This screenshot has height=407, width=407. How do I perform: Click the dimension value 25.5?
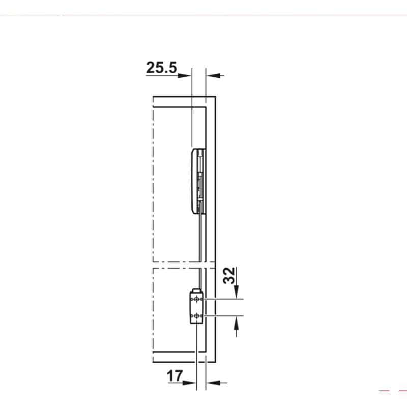pos(161,68)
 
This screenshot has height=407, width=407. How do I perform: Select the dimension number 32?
pos(229,275)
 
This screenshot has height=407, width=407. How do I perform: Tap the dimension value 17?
pos(175,375)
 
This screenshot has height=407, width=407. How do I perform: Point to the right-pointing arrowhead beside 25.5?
pos(185,76)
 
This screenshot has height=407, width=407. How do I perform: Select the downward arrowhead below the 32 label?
pos(236,292)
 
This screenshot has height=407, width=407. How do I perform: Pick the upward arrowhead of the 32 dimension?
pos(236,323)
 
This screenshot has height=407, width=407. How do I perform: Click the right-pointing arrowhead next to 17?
pos(189,383)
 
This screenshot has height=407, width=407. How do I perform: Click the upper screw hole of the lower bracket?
pos(197,300)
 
